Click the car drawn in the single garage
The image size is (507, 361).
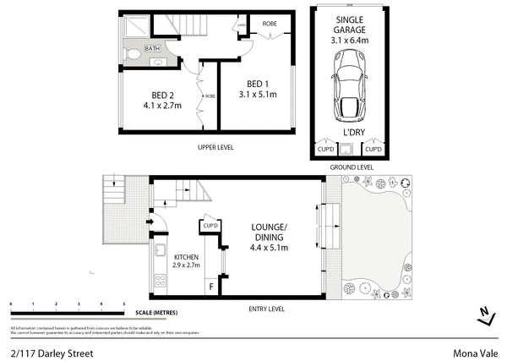349,79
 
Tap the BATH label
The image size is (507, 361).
152,49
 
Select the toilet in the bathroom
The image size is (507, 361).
134,54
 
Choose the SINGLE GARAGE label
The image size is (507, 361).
349,25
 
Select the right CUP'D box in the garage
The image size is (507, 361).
373,150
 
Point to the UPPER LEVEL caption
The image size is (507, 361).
215,147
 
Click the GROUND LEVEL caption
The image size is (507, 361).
350,167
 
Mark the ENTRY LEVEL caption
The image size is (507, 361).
265,309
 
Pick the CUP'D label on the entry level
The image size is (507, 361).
210,226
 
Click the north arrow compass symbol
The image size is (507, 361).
484,316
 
